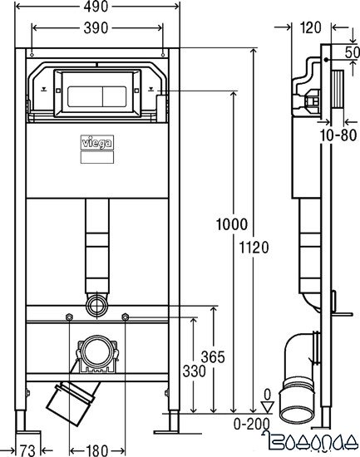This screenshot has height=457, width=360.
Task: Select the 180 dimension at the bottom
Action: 99,450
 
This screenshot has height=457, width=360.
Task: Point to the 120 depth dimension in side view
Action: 311,27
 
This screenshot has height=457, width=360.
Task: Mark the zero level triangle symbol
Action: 267,407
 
